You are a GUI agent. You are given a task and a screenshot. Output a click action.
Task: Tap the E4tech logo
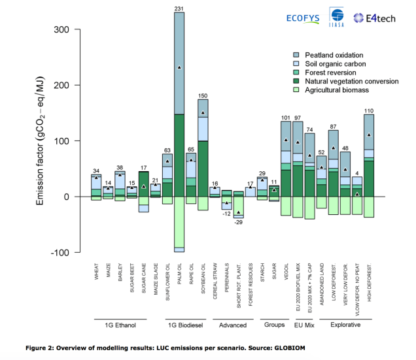(374, 18)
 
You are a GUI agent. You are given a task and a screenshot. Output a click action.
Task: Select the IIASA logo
(339, 18)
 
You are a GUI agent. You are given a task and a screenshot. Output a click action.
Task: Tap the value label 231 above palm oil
(179, 8)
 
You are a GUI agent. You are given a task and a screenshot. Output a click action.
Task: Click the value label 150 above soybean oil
(203, 95)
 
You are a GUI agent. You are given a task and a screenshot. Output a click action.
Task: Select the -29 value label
(239, 223)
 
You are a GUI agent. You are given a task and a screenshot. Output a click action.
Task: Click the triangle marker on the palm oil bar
(179, 67)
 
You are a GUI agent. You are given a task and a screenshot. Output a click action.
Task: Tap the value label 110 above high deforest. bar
(369, 110)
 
